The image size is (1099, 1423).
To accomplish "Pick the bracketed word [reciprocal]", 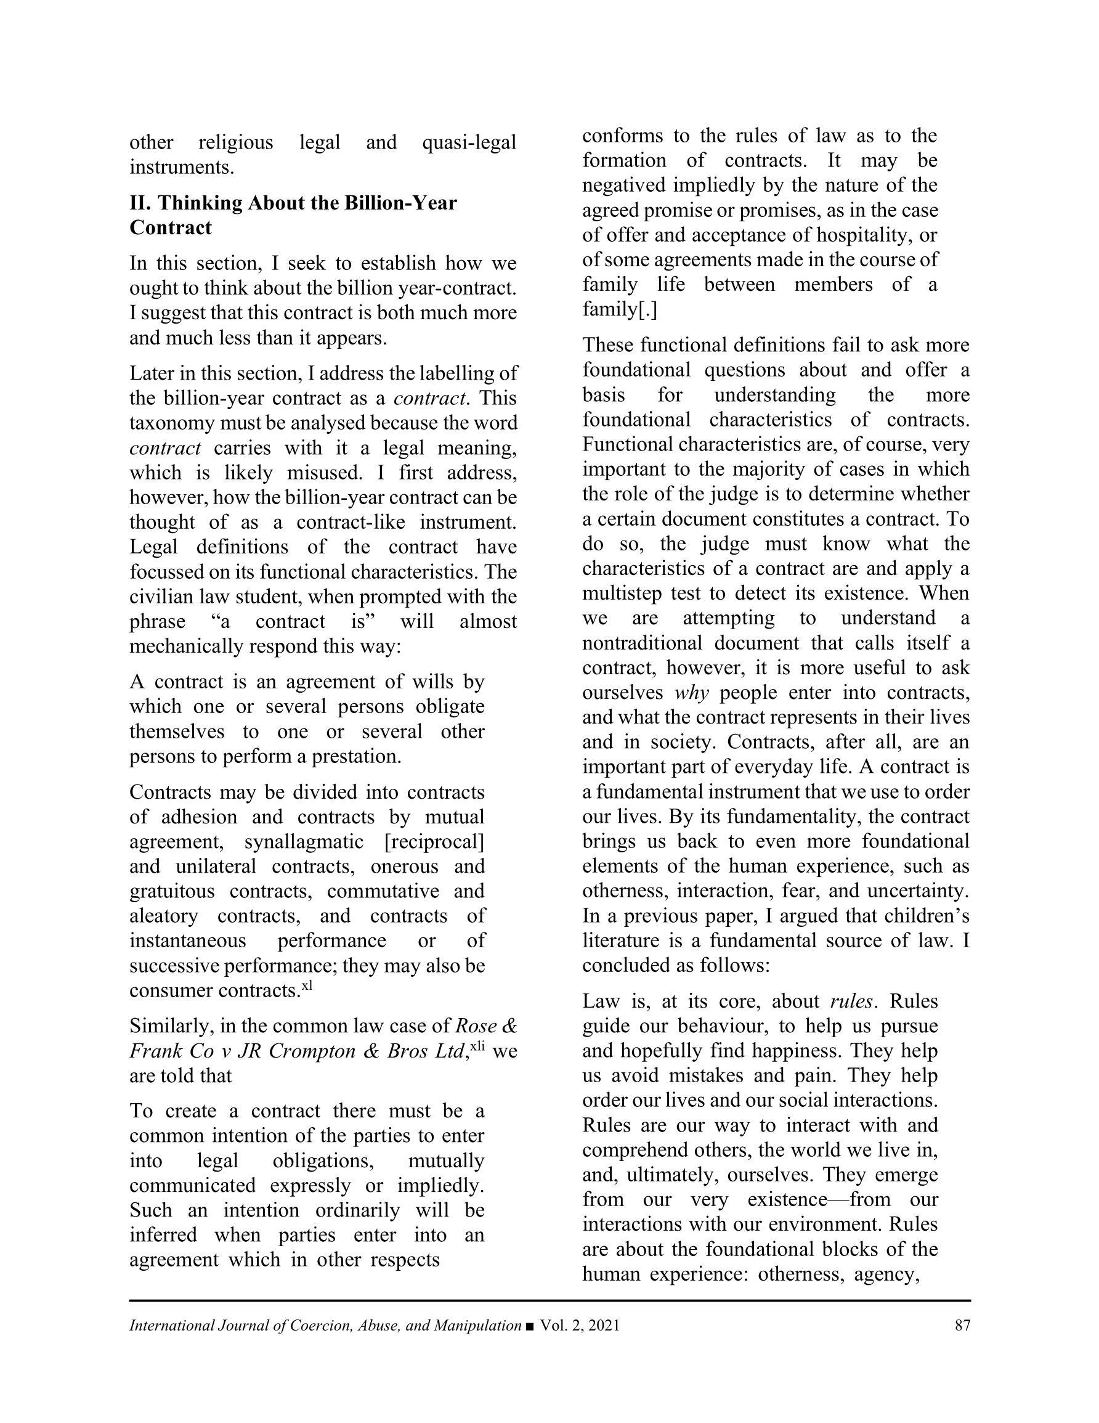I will click(434, 842).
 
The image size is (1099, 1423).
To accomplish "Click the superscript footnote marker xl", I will click(307, 986).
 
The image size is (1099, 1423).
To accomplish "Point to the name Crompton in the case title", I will click(311, 1051).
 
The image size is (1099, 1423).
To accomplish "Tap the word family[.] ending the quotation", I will click(620, 310).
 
